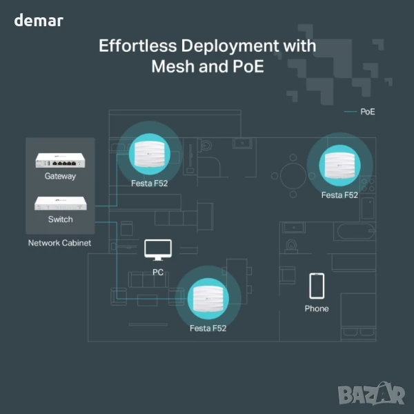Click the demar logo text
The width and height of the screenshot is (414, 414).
pyautogui.click(x=39, y=21)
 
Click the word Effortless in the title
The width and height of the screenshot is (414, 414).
pyautogui.click(x=133, y=46)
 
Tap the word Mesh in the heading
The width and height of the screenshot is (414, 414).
pyautogui.click(x=176, y=68)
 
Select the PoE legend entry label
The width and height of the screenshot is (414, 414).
pyautogui.click(x=368, y=111)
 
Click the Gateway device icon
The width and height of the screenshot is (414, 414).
pyautogui.click(x=60, y=161)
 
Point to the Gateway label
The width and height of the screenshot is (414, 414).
pyautogui.click(x=60, y=176)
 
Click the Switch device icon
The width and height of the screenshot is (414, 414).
pyautogui.click(x=60, y=204)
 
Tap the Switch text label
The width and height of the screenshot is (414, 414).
pyautogui.click(x=60, y=219)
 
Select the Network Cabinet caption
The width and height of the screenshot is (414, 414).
pyautogui.click(x=59, y=243)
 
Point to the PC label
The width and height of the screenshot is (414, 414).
pyautogui.click(x=158, y=272)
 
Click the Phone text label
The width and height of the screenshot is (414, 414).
pyautogui.click(x=317, y=308)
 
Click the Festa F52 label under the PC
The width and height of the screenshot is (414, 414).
pyautogui.click(x=208, y=328)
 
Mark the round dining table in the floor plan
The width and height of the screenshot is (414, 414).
pyautogui.click(x=294, y=175)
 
